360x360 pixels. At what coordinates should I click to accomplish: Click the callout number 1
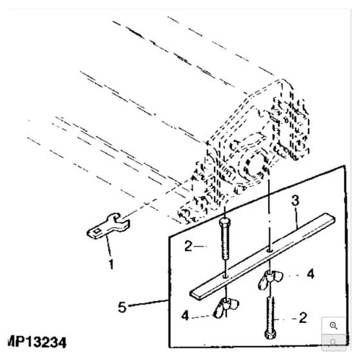(x=111, y=264)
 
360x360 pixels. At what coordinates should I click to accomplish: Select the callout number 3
(x=295, y=200)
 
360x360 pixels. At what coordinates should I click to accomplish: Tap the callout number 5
(x=122, y=307)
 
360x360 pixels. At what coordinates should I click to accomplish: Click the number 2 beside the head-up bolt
(x=188, y=246)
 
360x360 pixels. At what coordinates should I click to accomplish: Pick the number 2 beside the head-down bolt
(x=303, y=318)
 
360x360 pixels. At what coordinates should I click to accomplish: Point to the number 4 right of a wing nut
(x=310, y=274)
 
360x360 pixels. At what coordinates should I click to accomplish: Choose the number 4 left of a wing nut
(x=185, y=315)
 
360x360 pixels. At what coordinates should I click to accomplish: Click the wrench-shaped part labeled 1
(x=108, y=227)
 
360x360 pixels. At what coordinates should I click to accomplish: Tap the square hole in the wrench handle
(x=96, y=231)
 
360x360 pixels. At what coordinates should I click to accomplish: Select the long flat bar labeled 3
(x=262, y=256)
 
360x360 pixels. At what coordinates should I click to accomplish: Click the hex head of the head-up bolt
(x=224, y=222)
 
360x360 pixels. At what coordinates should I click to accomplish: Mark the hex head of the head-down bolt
(x=270, y=334)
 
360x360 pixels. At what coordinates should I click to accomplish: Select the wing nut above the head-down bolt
(x=270, y=280)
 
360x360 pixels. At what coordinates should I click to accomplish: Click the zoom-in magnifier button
(x=334, y=325)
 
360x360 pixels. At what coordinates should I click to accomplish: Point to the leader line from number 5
(x=148, y=303)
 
